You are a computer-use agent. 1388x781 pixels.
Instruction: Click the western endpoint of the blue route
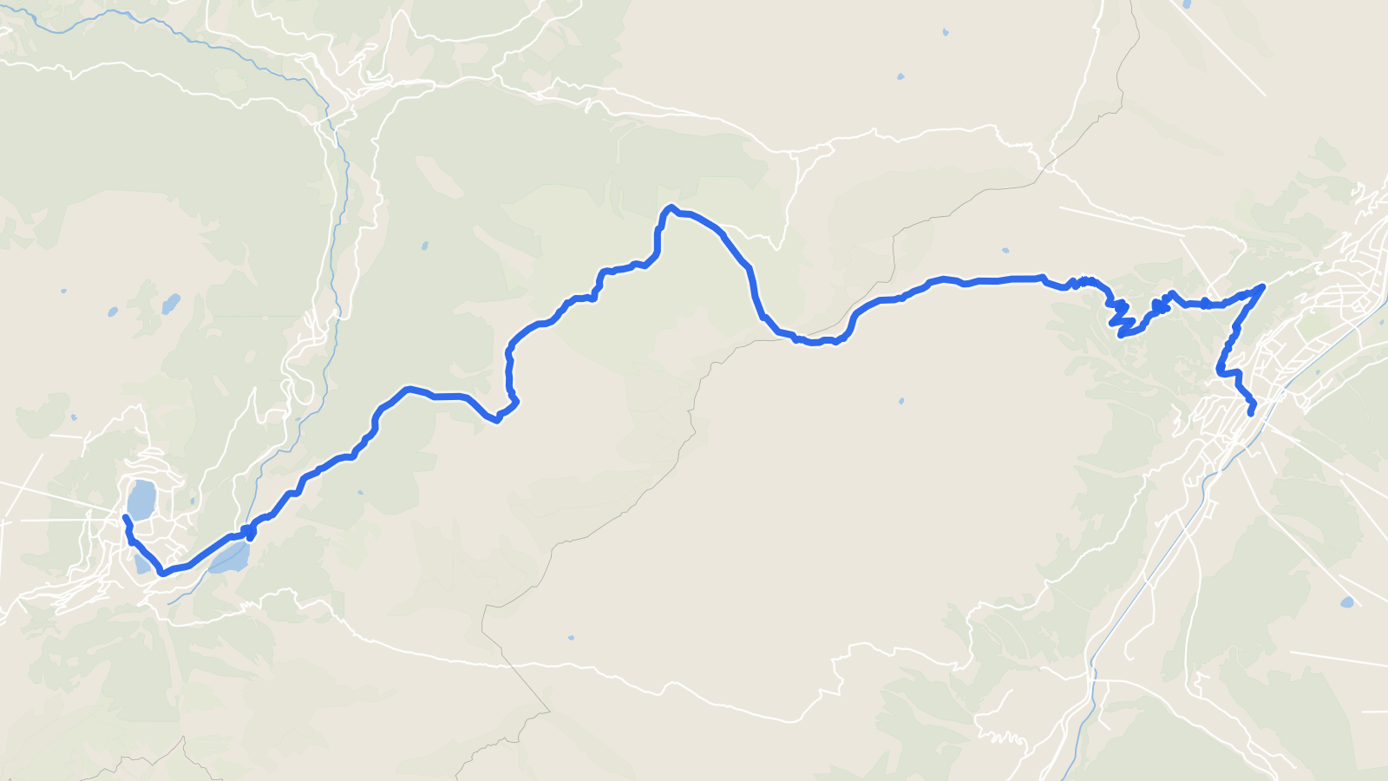click(127, 518)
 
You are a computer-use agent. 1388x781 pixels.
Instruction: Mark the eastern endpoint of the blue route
click(1250, 413)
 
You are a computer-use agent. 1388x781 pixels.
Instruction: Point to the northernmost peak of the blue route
click(670, 207)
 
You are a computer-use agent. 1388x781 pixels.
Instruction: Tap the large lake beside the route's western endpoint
click(141, 500)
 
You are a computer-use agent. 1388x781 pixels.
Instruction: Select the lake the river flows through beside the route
click(231, 558)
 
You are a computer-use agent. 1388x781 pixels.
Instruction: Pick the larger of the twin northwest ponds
click(171, 304)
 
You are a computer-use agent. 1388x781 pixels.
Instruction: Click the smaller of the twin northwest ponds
click(113, 311)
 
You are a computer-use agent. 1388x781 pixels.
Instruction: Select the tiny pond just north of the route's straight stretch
click(1005, 251)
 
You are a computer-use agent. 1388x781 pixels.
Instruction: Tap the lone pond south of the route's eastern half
click(901, 402)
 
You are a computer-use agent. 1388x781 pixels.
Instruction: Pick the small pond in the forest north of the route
click(424, 246)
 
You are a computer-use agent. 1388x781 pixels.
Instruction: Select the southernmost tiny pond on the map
click(570, 638)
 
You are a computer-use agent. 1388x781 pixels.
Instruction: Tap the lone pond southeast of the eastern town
click(1346, 601)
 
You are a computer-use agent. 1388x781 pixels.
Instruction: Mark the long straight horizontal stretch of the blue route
click(998, 280)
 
